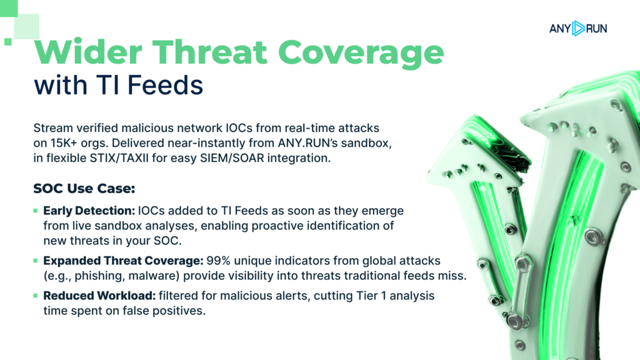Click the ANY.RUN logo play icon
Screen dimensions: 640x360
(578, 29)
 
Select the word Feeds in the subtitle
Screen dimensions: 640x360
(165, 85)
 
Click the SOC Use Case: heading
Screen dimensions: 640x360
(84, 189)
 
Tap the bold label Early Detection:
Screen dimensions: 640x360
(89, 211)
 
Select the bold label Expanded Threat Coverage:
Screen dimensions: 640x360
(123, 261)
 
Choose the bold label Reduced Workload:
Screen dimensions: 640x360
(99, 296)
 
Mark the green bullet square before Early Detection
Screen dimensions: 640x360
(36, 211)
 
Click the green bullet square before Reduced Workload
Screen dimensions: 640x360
(36, 296)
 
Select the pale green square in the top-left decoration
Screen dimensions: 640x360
(26, 26)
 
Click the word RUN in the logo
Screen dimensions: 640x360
(597, 29)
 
